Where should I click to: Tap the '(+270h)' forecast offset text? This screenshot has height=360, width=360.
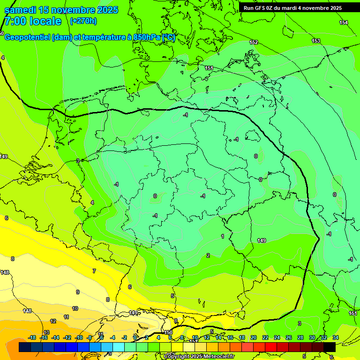83,21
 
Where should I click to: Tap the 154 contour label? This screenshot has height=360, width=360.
344,23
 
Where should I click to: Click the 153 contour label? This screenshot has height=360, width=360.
316,41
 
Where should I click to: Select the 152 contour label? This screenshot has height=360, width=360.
254,43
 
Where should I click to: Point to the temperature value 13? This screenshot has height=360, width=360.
46,332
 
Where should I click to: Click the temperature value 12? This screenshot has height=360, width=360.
53,321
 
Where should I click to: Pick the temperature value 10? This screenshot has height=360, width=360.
75,308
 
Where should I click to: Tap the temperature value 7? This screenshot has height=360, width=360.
94,271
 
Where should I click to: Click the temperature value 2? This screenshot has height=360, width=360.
208,255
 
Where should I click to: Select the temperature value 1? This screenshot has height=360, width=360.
223,236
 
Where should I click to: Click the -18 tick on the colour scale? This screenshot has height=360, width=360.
32,337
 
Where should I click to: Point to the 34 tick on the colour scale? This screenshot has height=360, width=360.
335,337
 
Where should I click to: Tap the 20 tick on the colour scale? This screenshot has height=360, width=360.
253,337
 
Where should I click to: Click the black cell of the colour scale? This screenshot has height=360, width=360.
330,347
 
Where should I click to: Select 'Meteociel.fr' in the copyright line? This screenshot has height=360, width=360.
217,357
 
